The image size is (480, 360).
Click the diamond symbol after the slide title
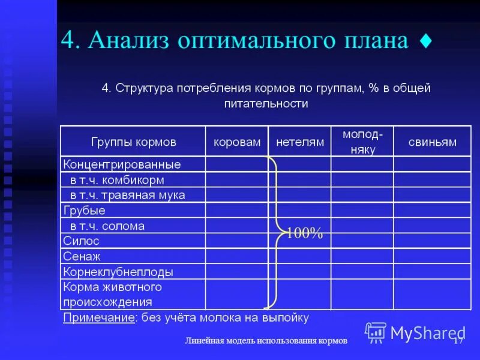pos(425,42)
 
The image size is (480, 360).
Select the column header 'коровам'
pos(237,142)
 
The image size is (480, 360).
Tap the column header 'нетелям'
pos(299,142)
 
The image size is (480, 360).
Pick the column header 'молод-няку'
pos(362,142)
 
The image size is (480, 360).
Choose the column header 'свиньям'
pos(432,142)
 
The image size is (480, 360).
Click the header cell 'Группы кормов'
pos(133,142)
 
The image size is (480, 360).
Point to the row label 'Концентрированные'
pos(122,164)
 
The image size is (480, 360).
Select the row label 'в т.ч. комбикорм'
pos(117,180)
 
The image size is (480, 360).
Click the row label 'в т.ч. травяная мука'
pos(127,195)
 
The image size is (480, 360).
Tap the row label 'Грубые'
pos(84,211)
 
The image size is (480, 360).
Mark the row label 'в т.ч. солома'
pos(107,226)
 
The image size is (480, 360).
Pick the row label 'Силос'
pos(82,241)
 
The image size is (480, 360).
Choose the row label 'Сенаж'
pos(82,257)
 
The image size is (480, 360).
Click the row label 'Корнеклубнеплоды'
pos(118,272)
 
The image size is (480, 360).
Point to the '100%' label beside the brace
pos(304,234)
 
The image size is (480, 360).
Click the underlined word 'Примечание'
pos(98,317)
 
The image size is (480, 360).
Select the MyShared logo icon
pos(376,332)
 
